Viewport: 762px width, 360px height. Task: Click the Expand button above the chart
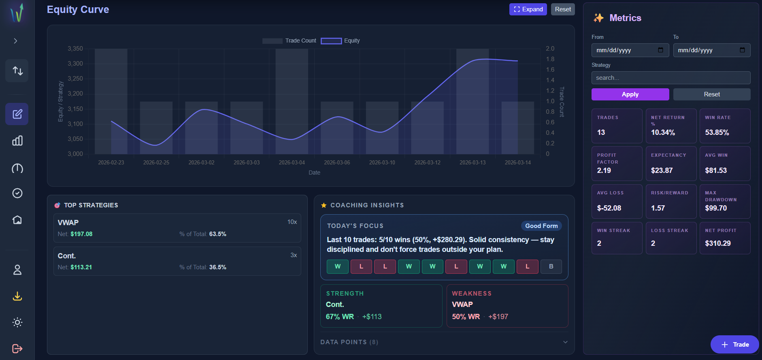[x=528, y=9]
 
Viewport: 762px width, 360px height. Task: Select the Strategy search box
[x=670, y=78]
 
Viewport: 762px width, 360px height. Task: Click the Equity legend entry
[x=340, y=41]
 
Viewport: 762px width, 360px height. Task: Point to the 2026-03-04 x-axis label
[x=292, y=163]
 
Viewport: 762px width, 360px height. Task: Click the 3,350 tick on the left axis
[x=75, y=49]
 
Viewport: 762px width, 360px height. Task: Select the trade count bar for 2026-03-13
[x=473, y=101]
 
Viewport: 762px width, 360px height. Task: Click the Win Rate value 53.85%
[x=717, y=132]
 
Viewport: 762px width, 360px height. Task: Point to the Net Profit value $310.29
[x=717, y=243]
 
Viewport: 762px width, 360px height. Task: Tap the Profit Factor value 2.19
[x=604, y=170]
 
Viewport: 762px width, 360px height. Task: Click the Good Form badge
[x=541, y=226]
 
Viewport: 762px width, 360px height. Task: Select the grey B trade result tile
[x=551, y=266]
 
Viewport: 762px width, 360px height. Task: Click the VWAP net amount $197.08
[x=81, y=234]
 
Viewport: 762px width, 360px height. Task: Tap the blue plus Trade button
[x=734, y=345]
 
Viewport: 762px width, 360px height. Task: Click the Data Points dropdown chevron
[x=565, y=342]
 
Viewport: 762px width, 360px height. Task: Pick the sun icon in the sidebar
[x=17, y=322]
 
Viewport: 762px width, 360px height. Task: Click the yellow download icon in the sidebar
[x=17, y=296]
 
